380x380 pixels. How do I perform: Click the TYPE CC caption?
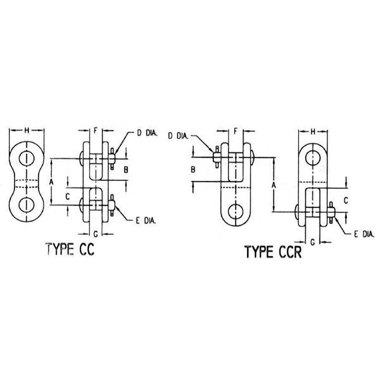click(x=70, y=249)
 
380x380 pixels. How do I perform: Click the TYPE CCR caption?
click(x=273, y=252)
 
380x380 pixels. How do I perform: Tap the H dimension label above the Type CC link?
click(x=27, y=130)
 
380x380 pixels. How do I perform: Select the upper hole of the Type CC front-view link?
click(x=27, y=158)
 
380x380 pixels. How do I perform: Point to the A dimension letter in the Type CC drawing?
click(x=51, y=182)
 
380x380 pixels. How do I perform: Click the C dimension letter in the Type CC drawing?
click(x=68, y=196)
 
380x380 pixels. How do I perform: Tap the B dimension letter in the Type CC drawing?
click(x=126, y=170)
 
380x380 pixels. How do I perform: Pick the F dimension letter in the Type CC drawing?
click(x=95, y=131)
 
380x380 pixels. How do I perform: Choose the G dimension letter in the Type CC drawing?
click(x=96, y=234)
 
